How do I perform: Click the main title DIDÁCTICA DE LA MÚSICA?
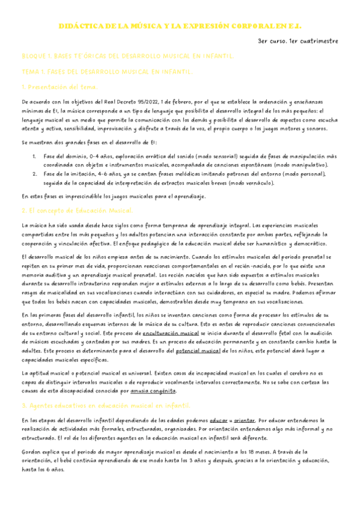click(180, 27)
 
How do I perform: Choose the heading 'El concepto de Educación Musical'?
click(80, 210)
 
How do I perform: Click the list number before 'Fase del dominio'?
click(35, 156)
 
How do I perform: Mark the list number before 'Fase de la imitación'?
click(35, 173)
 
